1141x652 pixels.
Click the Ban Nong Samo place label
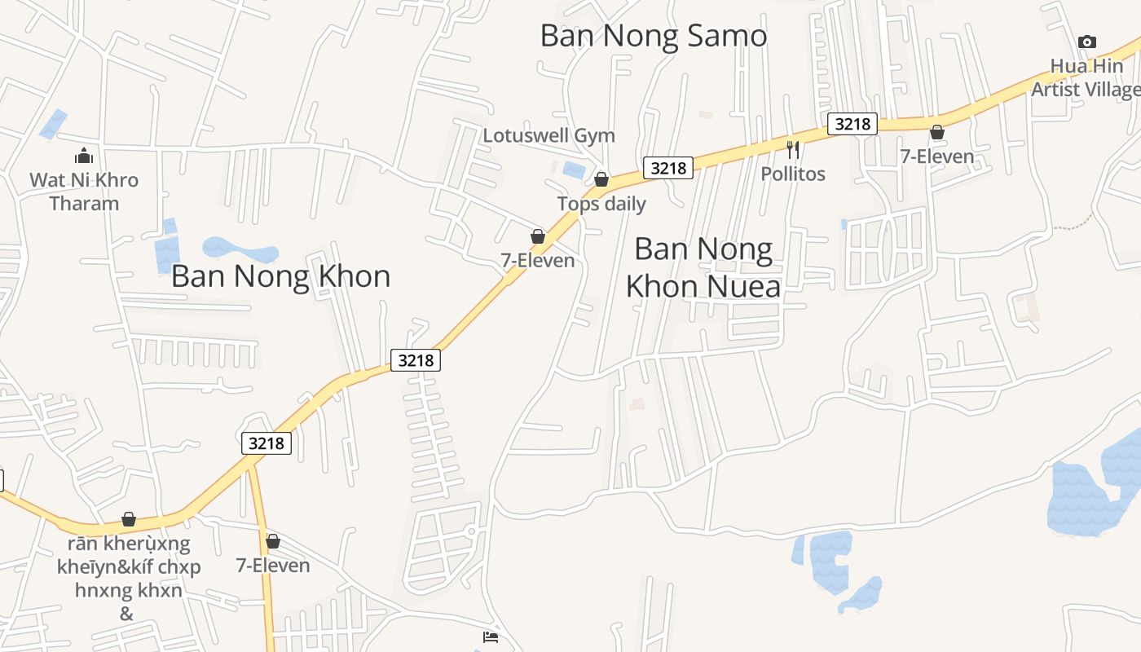tap(654, 36)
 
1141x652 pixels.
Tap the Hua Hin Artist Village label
tap(1086, 77)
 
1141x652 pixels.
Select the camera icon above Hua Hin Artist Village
tap(1086, 42)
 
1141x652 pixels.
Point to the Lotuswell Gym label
tap(548, 135)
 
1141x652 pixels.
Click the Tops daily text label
tap(601, 204)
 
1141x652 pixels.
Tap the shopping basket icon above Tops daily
tap(601, 179)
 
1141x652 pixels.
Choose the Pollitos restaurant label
tap(793, 174)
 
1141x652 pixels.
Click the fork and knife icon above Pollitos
tap(793, 150)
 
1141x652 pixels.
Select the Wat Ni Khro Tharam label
tap(84, 192)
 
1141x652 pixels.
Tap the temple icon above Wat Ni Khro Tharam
tap(84, 156)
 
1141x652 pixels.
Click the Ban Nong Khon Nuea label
tap(703, 267)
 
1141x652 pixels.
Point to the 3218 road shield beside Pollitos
tap(852, 124)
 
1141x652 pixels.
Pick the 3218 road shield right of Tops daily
tap(668, 168)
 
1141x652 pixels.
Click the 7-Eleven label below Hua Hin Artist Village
tap(937, 156)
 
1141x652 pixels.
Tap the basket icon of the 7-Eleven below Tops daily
tap(538, 236)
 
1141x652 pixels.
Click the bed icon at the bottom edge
tap(491, 637)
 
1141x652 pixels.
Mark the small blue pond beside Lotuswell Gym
tap(574, 170)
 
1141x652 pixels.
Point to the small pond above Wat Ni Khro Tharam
tap(54, 123)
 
